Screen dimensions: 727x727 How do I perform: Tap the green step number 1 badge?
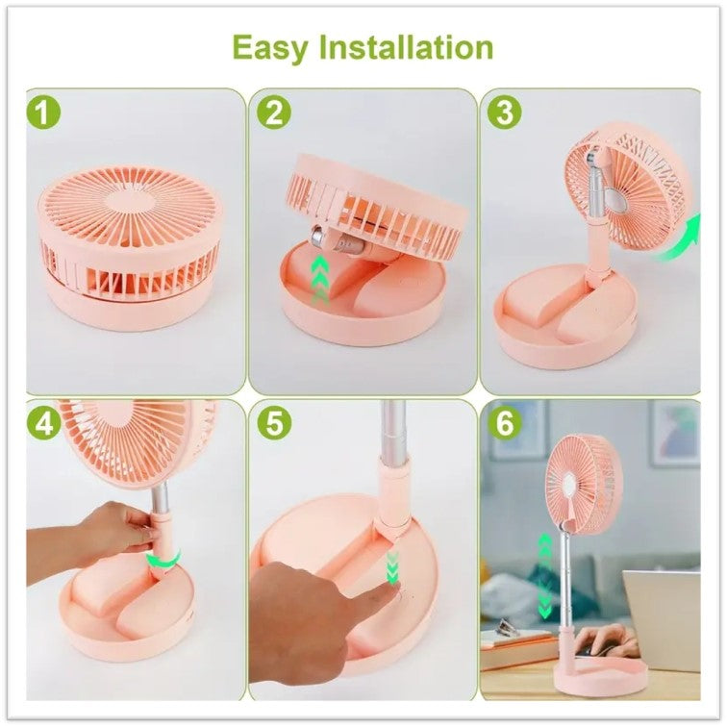tap(43, 113)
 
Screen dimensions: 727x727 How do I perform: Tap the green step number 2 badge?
tap(272, 113)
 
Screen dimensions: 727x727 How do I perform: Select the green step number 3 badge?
tap(501, 113)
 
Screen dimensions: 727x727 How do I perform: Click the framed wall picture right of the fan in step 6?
tap(673, 433)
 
